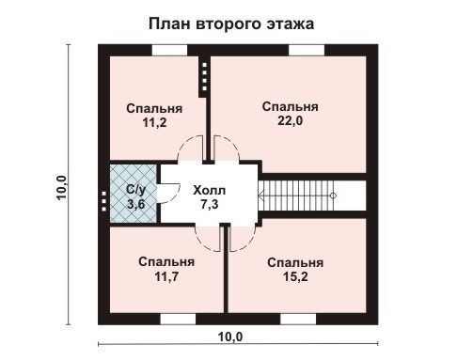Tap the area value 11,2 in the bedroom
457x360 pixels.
tap(154, 122)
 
